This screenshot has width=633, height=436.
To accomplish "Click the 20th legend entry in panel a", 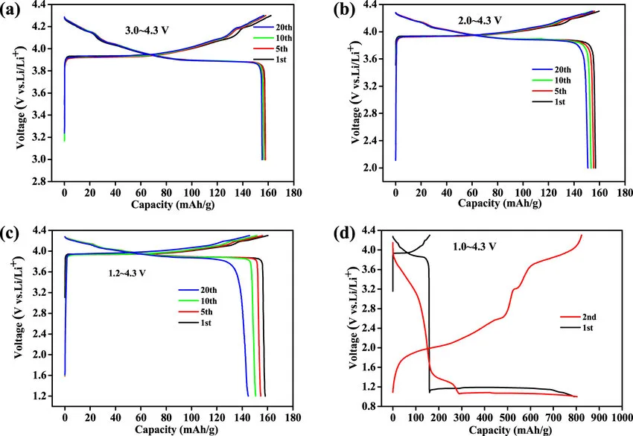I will (263, 6).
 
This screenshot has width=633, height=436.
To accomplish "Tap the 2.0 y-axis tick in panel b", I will (381, 168).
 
